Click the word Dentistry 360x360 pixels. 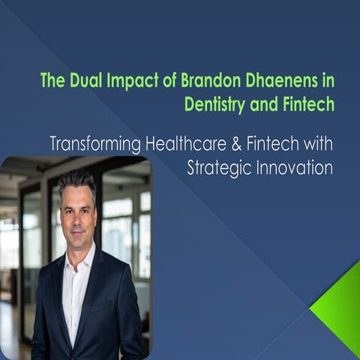coord(214,105)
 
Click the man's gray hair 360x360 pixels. coord(77,180)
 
